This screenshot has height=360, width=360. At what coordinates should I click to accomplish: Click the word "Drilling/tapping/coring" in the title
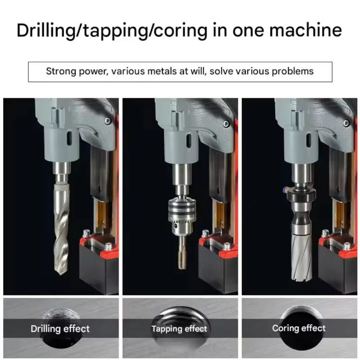112,30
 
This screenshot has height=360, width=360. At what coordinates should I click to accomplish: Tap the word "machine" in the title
306,30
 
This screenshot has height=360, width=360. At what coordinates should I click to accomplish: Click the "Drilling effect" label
60,329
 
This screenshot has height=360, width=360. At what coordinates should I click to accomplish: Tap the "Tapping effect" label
180,329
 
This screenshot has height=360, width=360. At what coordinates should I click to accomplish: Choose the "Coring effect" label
299,328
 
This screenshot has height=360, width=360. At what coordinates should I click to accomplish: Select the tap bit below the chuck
182,252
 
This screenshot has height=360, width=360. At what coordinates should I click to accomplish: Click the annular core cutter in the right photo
302,257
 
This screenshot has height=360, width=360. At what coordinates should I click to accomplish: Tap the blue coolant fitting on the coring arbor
285,190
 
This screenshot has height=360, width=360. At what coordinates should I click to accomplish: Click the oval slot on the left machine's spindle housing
69,138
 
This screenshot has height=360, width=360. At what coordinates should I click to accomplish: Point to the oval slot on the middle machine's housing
189,140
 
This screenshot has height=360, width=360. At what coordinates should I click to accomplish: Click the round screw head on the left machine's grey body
108,121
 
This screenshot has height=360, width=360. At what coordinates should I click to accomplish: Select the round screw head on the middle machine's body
227,124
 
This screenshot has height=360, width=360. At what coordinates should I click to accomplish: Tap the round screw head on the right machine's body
346,123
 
